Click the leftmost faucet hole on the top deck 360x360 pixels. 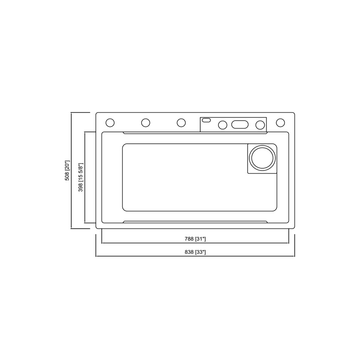pos(109,122)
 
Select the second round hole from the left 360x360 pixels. pos(145,122)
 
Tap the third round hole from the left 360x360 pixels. pos(181,122)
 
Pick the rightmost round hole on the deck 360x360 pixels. pos(280,122)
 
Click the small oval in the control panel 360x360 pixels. pos(207,120)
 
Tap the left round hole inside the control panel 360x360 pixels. pos(222,125)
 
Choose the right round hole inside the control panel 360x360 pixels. pos(260,125)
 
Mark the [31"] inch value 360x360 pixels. pos(201,238)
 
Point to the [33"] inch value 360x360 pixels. pos(201,252)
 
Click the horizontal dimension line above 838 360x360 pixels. pos(135,256)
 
